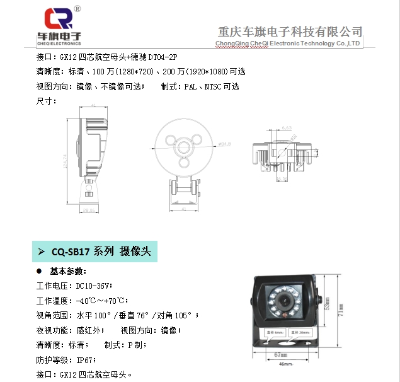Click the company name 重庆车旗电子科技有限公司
[x=289, y=31]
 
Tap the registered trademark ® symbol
[x=77, y=9]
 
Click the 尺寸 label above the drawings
[x=47, y=101]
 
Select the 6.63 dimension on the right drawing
[x=287, y=128]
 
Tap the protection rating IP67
[x=85, y=360]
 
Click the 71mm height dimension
[x=341, y=310]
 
